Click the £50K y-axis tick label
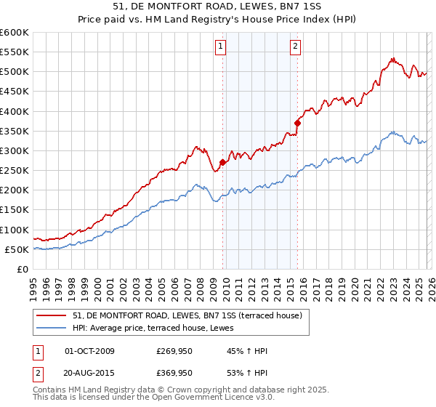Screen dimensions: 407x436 (x=17, y=250)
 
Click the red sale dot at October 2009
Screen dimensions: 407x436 (x=223, y=163)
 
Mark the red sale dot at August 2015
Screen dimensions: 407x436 (x=298, y=123)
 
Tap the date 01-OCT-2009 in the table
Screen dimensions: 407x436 (x=90, y=351)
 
